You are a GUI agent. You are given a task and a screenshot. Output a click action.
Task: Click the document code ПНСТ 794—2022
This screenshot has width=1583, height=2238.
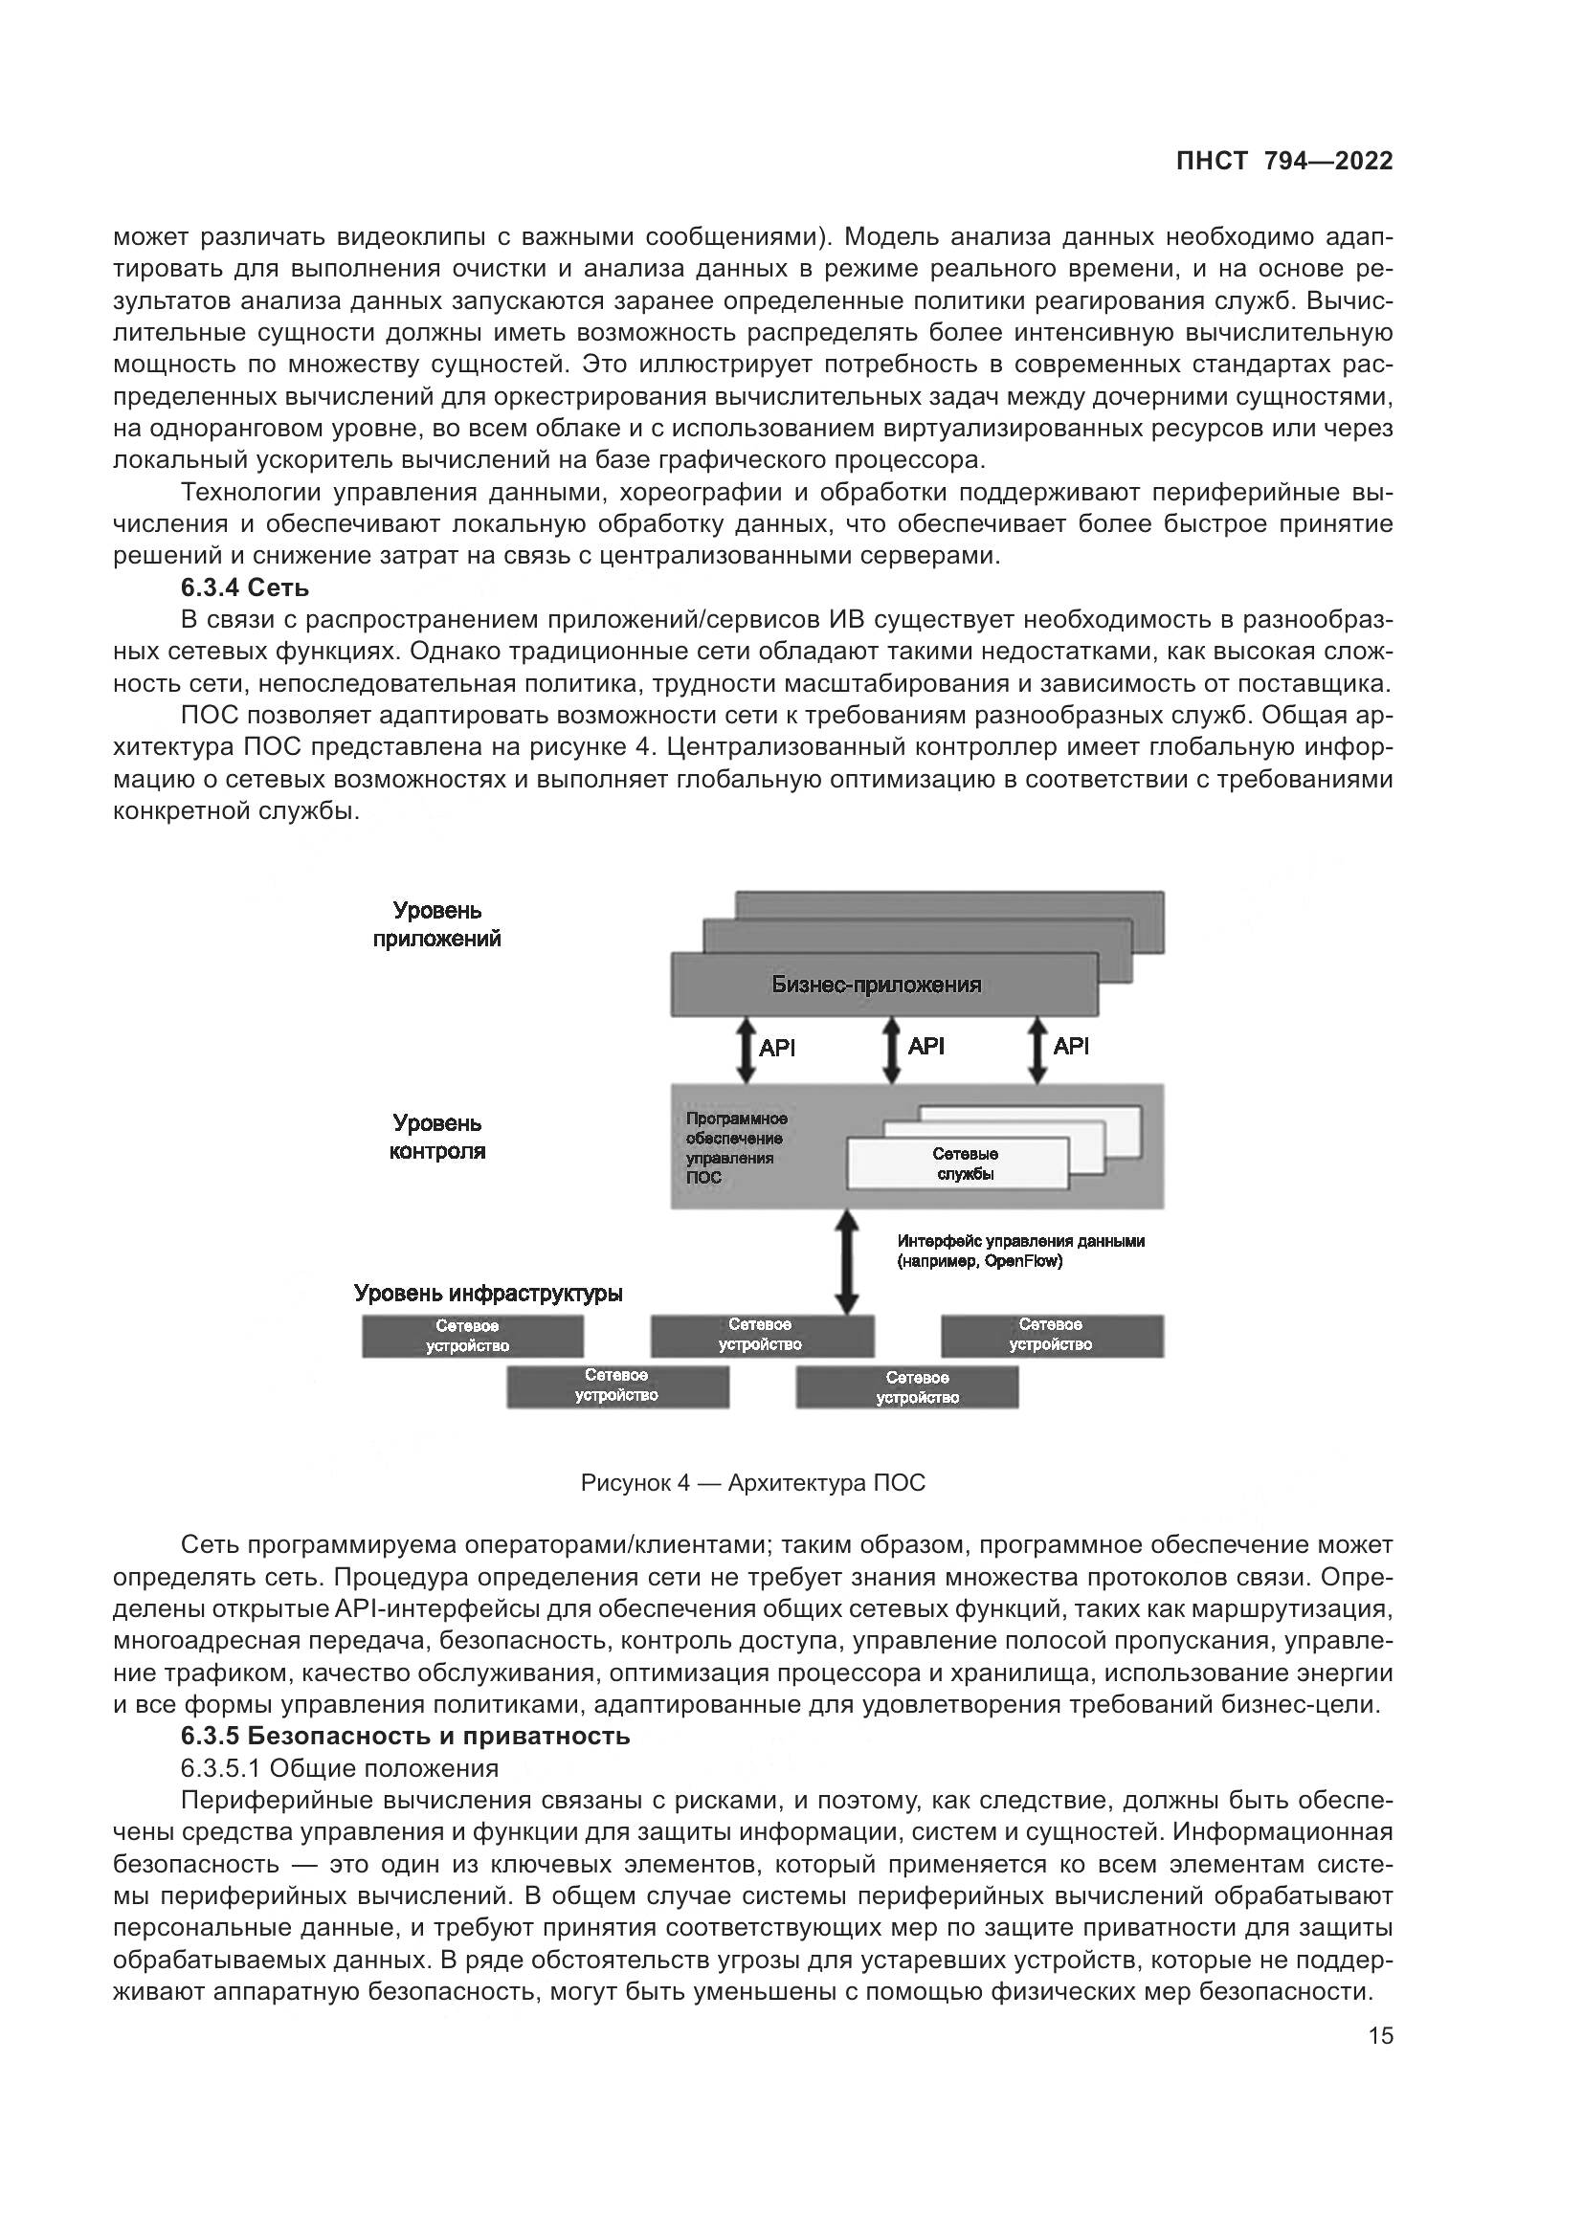pos(1283,162)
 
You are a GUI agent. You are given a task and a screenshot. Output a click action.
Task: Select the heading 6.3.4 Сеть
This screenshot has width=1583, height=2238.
pos(245,587)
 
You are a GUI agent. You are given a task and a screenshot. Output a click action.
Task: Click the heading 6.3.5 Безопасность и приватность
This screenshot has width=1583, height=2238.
pos(406,1736)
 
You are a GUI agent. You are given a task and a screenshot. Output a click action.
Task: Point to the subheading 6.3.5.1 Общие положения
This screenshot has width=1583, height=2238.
pos(339,1768)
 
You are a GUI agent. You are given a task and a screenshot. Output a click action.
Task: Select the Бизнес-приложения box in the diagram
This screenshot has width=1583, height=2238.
pos(877,985)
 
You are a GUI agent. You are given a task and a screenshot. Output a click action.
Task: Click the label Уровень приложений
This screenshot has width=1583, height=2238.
pos(436,924)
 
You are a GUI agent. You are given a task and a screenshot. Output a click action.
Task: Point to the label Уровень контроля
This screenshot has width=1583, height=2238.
pos(436,1137)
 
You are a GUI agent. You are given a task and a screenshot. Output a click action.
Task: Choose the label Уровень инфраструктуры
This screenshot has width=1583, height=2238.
pos(487,1294)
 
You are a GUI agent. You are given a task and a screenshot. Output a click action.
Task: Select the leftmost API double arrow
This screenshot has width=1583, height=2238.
pos(746,1050)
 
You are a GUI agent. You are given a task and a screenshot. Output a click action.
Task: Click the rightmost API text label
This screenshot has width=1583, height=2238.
pos(1070,1047)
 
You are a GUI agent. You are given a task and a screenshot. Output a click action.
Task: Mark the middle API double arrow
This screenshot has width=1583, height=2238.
pos(891,1050)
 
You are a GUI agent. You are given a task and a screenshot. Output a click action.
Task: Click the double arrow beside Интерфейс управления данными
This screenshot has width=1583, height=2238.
pos(847,1261)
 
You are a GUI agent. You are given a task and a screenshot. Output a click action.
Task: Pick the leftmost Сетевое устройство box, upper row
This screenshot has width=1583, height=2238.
pos(473,1336)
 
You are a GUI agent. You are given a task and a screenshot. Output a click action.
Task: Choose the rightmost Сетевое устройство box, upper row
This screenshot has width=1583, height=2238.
pos(1052,1335)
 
